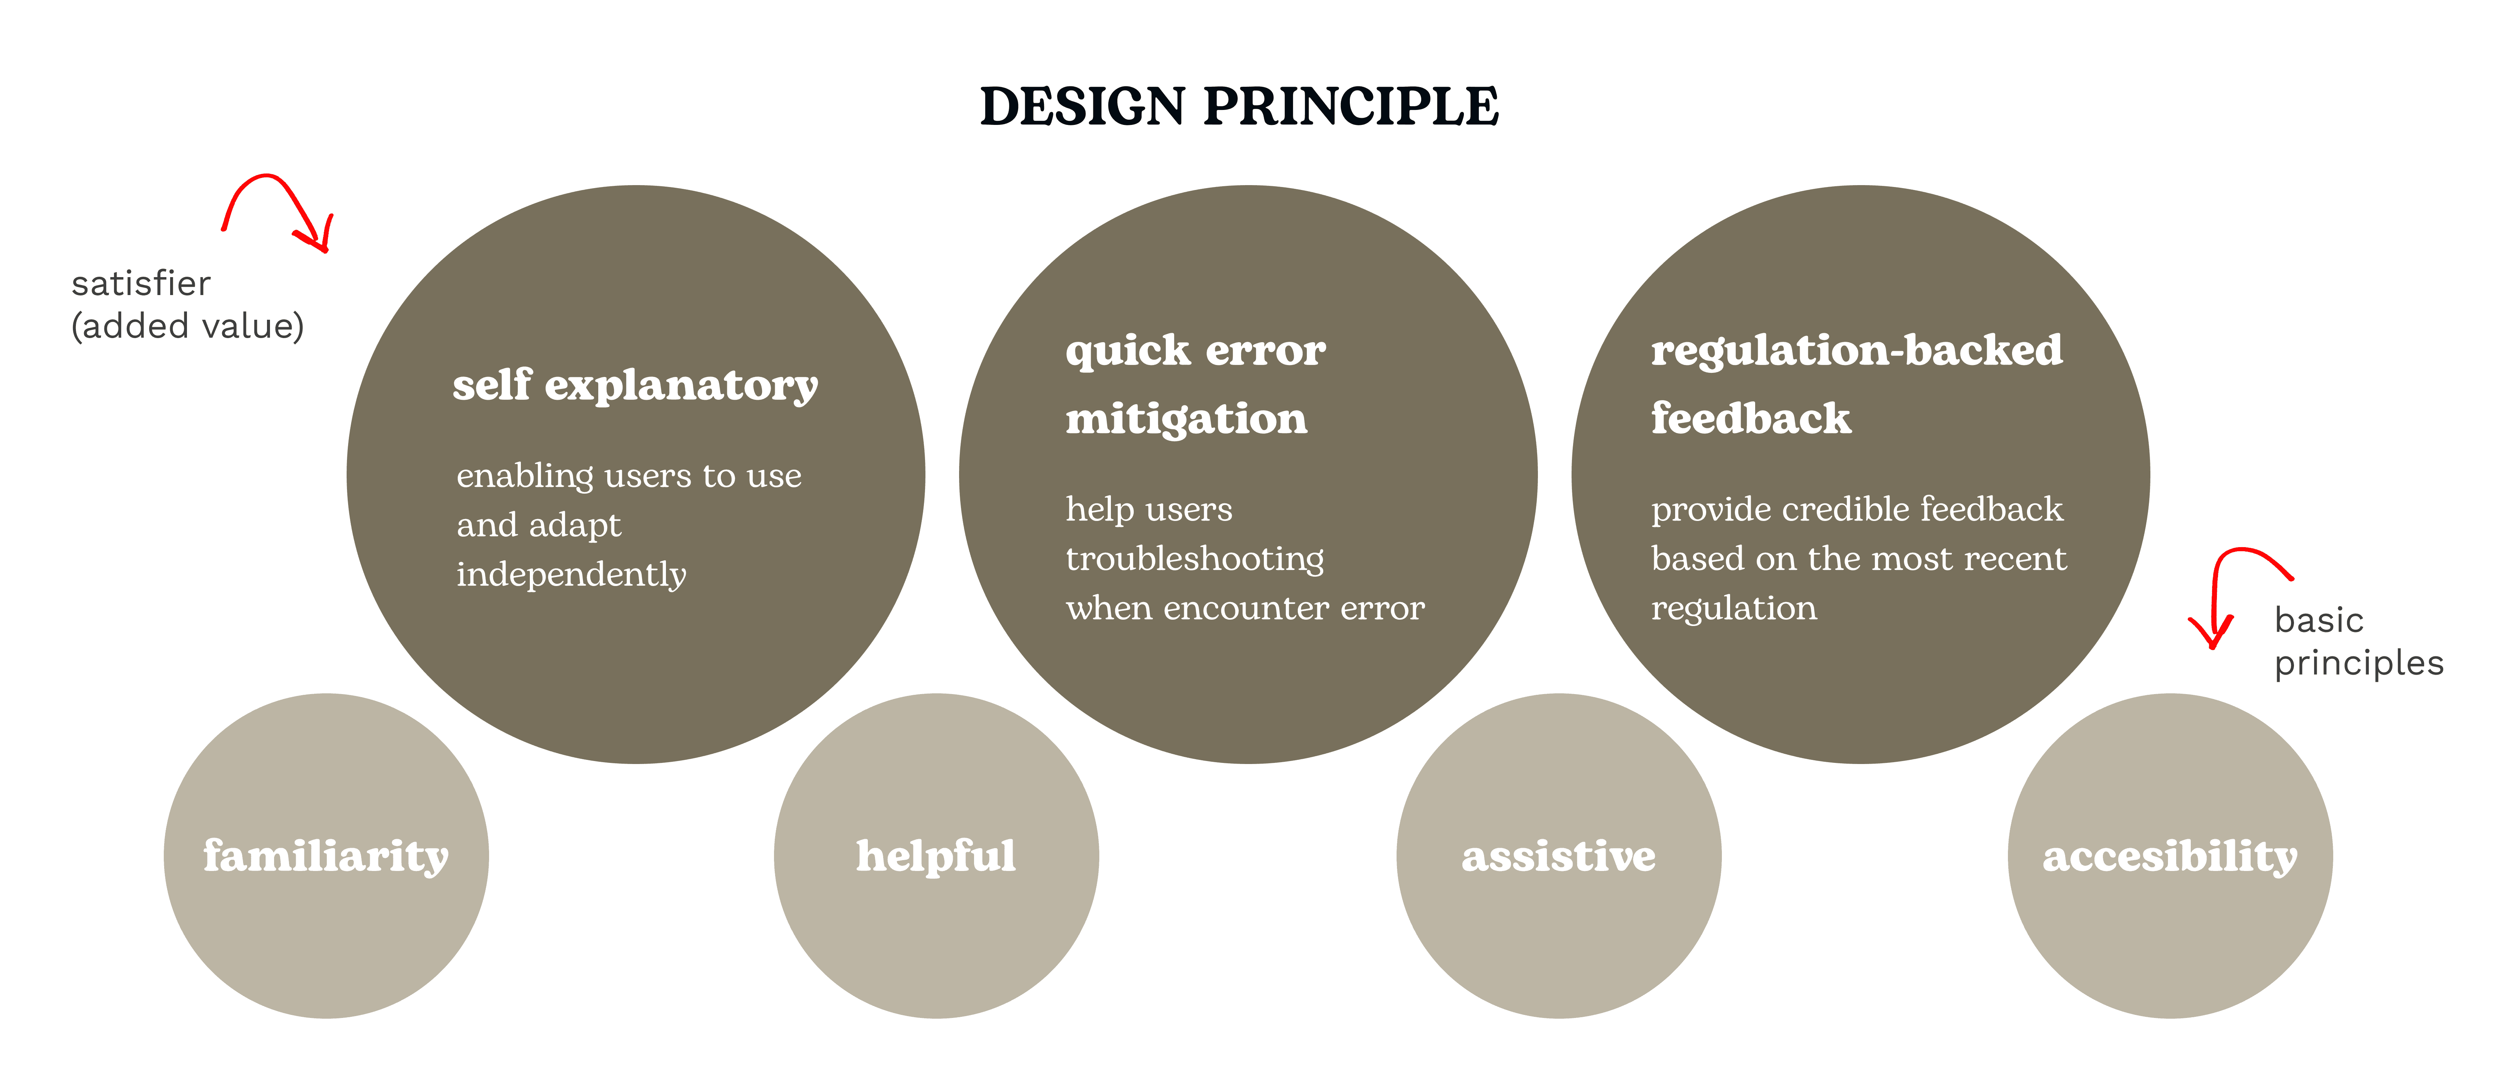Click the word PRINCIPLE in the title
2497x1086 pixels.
pyautogui.click(x=1351, y=107)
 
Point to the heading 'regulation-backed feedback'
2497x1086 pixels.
pyautogui.click(x=1856, y=384)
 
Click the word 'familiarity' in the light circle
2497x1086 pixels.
pyautogui.click(x=326, y=856)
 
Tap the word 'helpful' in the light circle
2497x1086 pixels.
pyautogui.click(x=936, y=856)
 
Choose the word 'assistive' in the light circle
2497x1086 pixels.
pyautogui.click(x=1559, y=856)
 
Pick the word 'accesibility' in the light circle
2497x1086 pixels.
pyautogui.click(x=2169, y=856)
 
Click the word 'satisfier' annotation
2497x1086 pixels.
pyautogui.click(x=141, y=283)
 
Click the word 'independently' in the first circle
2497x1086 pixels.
pyautogui.click(x=571, y=574)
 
